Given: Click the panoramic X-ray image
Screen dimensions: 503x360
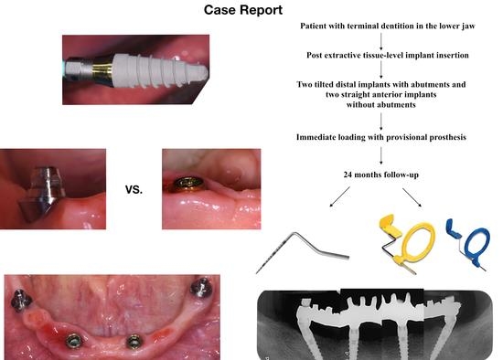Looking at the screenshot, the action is coord(377,323).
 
